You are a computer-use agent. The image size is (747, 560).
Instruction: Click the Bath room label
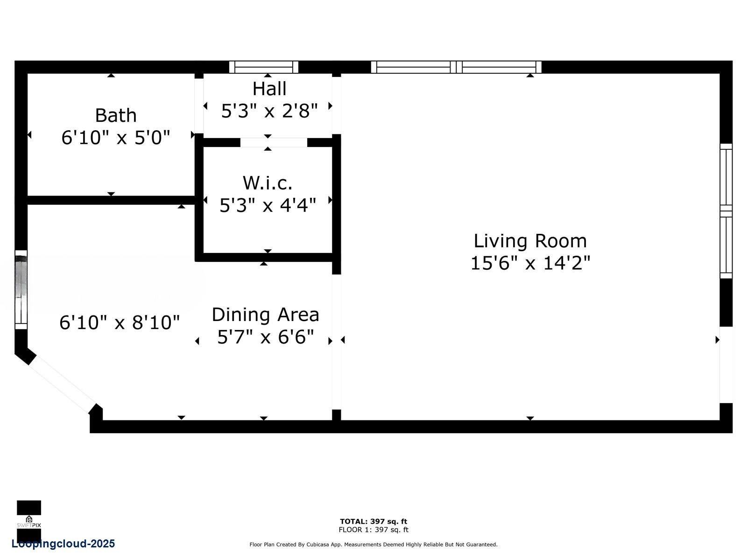click(115, 115)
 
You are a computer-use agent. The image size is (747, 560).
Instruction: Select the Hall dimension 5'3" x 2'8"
click(269, 111)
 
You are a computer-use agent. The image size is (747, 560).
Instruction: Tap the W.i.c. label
click(268, 183)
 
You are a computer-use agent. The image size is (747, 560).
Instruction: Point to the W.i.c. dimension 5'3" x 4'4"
click(268, 205)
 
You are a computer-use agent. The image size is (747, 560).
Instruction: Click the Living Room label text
click(530, 241)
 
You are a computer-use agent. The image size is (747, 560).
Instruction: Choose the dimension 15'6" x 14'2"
click(530, 263)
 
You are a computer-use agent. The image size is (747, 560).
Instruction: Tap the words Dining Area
click(265, 315)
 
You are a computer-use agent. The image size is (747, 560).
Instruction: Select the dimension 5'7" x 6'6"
click(265, 336)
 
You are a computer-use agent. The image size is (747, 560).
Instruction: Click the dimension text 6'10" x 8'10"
click(120, 322)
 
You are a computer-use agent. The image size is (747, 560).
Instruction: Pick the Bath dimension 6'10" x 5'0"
click(115, 138)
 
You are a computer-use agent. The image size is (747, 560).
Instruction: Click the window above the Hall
click(264, 67)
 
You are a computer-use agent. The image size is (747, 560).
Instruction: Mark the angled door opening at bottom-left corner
click(63, 384)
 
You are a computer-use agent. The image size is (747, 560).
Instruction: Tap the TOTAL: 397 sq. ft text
click(373, 521)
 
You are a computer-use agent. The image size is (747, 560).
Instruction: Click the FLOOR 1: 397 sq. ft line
click(373, 530)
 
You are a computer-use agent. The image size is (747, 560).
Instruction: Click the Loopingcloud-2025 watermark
click(63, 544)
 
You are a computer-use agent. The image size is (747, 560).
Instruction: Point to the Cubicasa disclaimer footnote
click(373, 545)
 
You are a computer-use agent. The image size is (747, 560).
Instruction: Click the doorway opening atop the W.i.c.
click(274, 142)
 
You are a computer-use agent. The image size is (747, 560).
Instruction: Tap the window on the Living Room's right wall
click(726, 211)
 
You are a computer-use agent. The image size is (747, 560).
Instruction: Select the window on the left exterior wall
click(21, 289)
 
